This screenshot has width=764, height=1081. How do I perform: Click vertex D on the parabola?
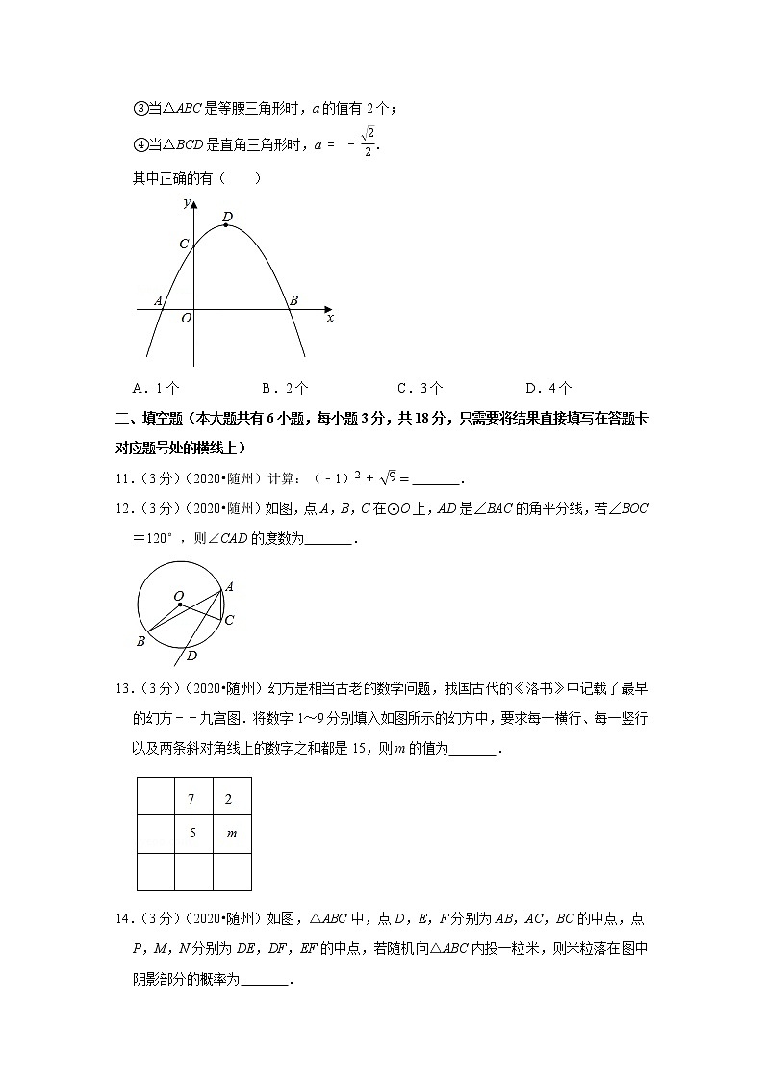(x=226, y=224)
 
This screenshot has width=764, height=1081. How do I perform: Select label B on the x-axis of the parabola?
(x=293, y=301)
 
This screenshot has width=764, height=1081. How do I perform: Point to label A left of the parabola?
(x=158, y=301)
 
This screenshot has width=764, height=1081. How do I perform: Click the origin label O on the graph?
(x=186, y=318)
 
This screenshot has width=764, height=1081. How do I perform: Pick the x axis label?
(x=330, y=317)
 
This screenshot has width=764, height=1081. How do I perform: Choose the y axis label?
(x=185, y=202)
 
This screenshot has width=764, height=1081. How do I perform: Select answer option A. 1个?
(x=156, y=388)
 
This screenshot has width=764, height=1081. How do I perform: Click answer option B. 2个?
(x=285, y=388)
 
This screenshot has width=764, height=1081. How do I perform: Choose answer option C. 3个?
(x=420, y=388)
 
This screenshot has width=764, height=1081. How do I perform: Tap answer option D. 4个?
(x=548, y=388)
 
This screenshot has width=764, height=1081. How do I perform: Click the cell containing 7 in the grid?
(x=192, y=798)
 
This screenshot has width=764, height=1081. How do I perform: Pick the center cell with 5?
(x=192, y=834)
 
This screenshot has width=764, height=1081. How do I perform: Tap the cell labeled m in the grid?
(x=231, y=834)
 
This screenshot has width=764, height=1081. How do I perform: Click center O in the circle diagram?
(x=179, y=604)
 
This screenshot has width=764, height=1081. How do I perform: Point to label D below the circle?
(x=191, y=656)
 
